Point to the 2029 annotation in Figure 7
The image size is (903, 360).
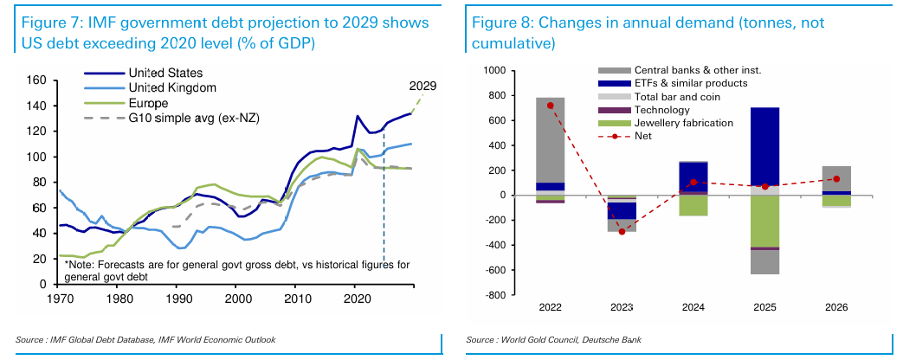pyautogui.click(x=422, y=86)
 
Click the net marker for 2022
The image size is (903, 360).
pyautogui.click(x=551, y=106)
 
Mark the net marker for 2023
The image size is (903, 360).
pyautogui.click(x=622, y=231)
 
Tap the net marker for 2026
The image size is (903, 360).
pyautogui.click(x=836, y=179)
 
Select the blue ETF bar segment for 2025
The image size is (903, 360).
pyautogui.click(x=764, y=146)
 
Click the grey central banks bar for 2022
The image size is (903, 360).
pyautogui.click(x=551, y=138)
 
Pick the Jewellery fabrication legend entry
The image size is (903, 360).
pyautogui.click(x=683, y=123)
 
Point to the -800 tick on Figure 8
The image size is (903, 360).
pyautogui.click(x=493, y=295)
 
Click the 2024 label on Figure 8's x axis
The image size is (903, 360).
pyautogui.click(x=693, y=308)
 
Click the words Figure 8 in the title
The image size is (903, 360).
pyautogui.click(x=500, y=22)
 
